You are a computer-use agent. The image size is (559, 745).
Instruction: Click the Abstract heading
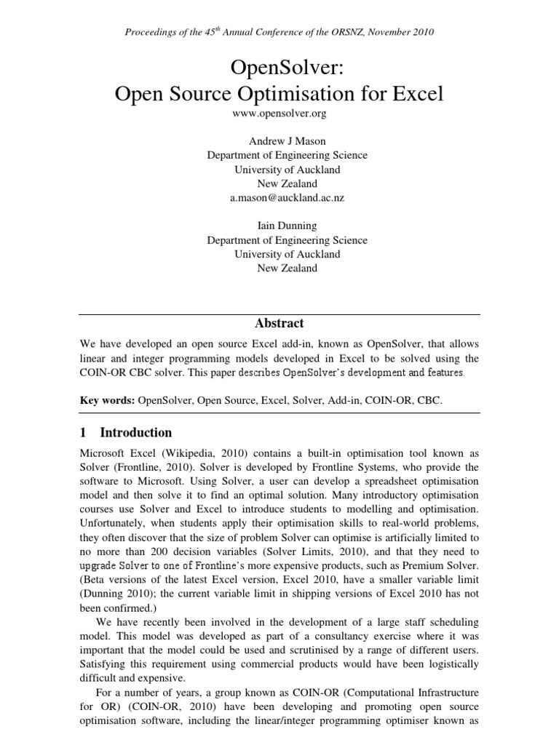click(x=280, y=323)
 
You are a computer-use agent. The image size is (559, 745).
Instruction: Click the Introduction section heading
click(x=135, y=432)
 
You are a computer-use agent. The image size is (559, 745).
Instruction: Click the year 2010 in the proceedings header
click(x=422, y=32)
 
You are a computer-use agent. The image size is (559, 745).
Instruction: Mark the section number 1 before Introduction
click(x=83, y=432)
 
